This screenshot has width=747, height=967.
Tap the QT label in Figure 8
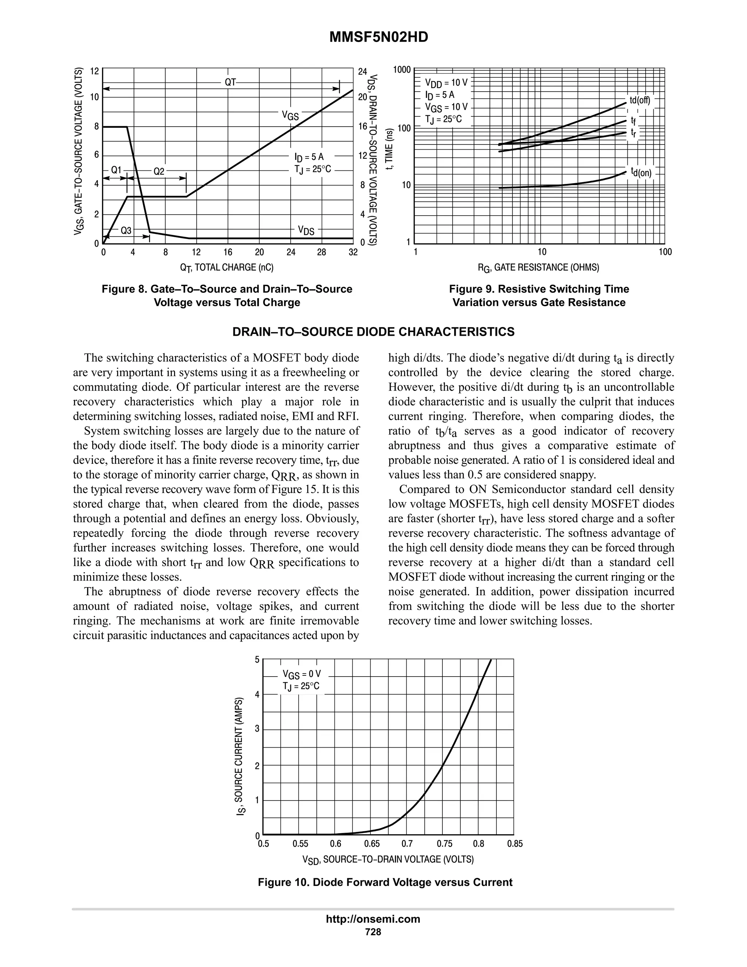coord(231,82)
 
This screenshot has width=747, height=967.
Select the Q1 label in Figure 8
coord(116,170)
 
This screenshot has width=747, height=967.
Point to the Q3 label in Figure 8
coord(126,230)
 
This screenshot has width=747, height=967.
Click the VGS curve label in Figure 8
coord(290,116)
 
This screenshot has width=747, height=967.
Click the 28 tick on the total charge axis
coord(322,253)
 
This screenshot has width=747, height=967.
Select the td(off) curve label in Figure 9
coord(640,100)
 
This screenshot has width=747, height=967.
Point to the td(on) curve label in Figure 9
coord(641,172)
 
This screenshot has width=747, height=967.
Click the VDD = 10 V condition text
coord(446,83)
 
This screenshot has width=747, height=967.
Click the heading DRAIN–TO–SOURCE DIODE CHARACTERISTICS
coord(373,332)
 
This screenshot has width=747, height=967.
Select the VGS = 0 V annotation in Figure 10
coord(301,674)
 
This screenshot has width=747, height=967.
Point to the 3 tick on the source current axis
coord(257,729)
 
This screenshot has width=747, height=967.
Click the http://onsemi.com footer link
coord(373,919)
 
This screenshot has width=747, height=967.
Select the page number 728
coord(373,932)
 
